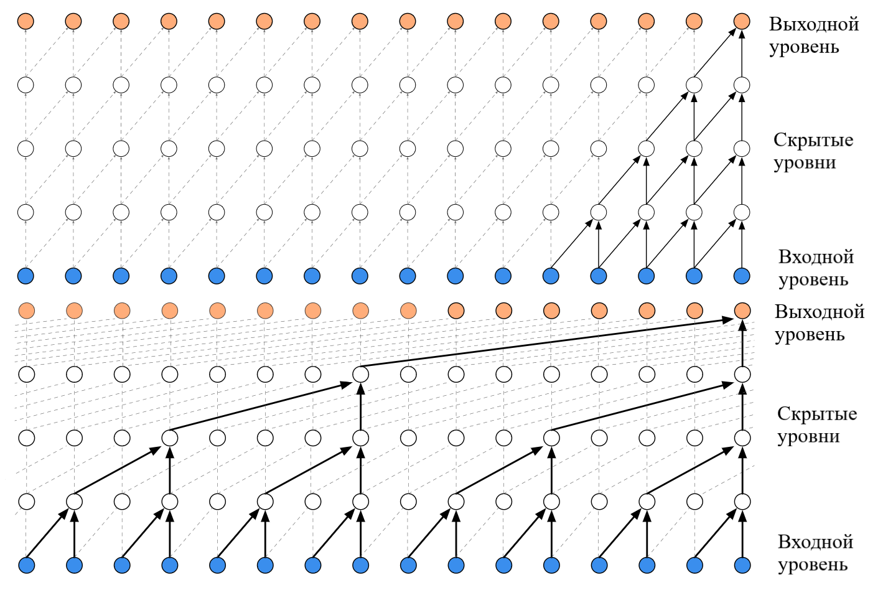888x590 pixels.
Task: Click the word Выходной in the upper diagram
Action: pyautogui.click(x=814, y=25)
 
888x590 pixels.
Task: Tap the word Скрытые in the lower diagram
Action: pyautogui.click(x=817, y=414)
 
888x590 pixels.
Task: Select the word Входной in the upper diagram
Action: pyautogui.click(x=816, y=257)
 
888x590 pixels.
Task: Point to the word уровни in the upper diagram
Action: pyautogui.click(x=805, y=163)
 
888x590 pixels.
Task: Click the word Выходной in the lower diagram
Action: pyautogui.click(x=820, y=312)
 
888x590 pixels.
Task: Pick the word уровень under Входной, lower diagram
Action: pyautogui.click(x=813, y=564)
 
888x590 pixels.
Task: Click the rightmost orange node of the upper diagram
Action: pyautogui.click(x=742, y=21)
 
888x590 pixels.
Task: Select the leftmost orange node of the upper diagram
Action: pyautogui.click(x=26, y=21)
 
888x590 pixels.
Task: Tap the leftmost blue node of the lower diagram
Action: pyautogui.click(x=27, y=565)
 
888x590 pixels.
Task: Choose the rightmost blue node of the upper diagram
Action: pyautogui.click(x=742, y=276)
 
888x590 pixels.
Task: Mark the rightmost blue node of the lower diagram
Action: pyautogui.click(x=742, y=565)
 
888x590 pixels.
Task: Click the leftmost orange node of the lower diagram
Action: pyautogui.click(x=27, y=311)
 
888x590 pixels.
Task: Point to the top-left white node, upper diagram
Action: pyautogui.click(x=26, y=85)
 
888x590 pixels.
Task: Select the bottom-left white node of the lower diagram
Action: pyautogui.click(x=27, y=502)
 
